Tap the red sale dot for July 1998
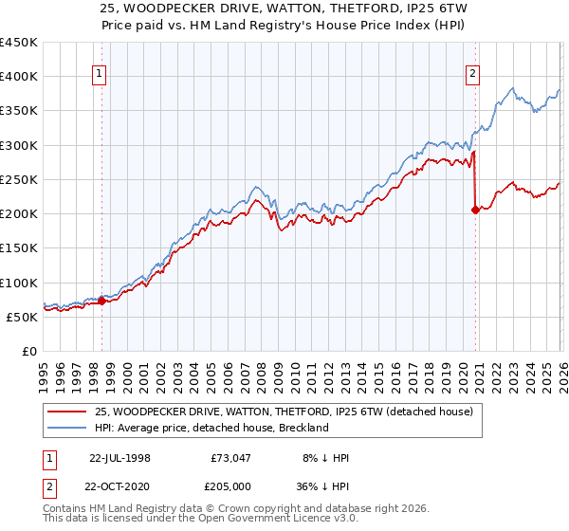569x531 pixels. (102, 301)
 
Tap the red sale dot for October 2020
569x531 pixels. (475, 211)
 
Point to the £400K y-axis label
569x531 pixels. (19, 77)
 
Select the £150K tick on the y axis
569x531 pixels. (19, 248)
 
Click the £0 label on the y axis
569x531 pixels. (28, 351)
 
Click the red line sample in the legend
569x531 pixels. (68, 411)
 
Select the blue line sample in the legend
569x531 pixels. (68, 428)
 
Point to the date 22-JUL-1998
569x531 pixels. (119, 458)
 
